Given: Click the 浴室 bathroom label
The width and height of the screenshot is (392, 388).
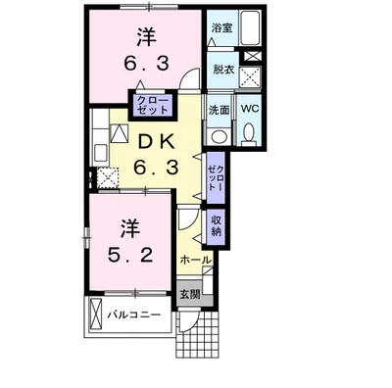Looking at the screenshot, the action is [x=221, y=27].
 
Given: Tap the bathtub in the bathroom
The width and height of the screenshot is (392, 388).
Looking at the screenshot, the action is [x=250, y=27].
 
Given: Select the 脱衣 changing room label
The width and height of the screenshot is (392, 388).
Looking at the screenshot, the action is [x=223, y=70].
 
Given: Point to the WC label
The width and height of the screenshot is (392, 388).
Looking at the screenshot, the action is [x=250, y=109].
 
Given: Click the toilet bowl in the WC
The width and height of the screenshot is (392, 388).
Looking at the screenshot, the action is [x=250, y=133].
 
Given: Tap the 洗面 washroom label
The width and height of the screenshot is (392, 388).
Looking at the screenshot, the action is [x=219, y=110].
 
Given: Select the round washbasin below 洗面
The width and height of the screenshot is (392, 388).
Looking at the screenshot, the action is [x=220, y=135].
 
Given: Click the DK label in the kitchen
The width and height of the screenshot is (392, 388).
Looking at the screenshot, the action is [x=155, y=143].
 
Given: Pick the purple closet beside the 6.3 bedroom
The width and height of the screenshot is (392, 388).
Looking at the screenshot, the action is [x=153, y=105].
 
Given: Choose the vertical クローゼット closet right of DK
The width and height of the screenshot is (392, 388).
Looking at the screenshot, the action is [x=216, y=177].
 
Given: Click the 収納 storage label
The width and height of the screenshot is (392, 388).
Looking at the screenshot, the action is [x=216, y=226].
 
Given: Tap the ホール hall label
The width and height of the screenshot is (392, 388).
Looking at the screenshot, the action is [x=196, y=261].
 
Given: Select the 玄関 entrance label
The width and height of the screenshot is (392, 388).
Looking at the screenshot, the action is [x=190, y=294].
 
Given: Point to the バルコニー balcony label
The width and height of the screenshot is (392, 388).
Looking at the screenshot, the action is [x=134, y=315].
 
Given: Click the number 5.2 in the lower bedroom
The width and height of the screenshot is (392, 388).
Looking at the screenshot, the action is [x=130, y=256].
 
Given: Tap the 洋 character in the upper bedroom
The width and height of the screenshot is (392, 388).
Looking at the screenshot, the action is [x=146, y=37].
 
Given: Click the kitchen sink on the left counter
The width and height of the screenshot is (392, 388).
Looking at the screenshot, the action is [x=100, y=153].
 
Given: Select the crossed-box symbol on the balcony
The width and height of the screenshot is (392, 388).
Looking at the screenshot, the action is [x=96, y=315].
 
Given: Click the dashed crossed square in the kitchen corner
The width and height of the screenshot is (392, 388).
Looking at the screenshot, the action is [x=108, y=177].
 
